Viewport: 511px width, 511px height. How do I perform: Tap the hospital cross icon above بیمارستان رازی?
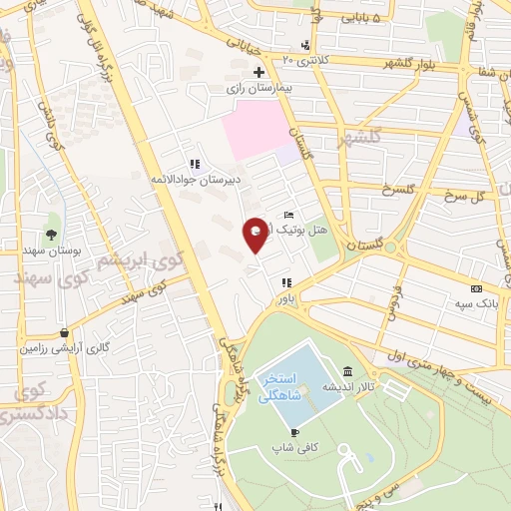tap(258, 72)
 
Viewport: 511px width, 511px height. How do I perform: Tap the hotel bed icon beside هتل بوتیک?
tap(289, 215)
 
